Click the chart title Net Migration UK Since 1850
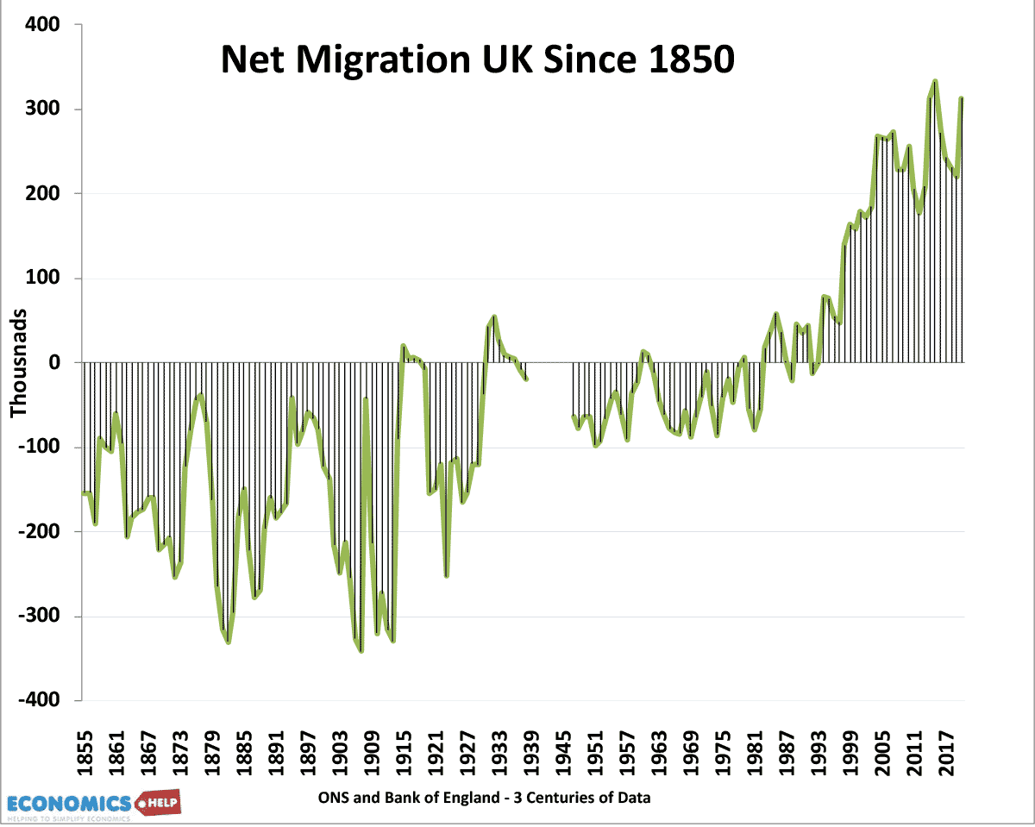(x=477, y=60)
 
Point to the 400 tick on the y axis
(x=41, y=25)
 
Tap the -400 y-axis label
(x=39, y=701)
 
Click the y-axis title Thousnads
(x=19, y=362)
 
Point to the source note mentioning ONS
(x=484, y=799)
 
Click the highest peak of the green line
(x=935, y=81)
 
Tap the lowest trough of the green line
(x=361, y=651)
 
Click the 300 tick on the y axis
(x=41, y=110)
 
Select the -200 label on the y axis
(x=39, y=532)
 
